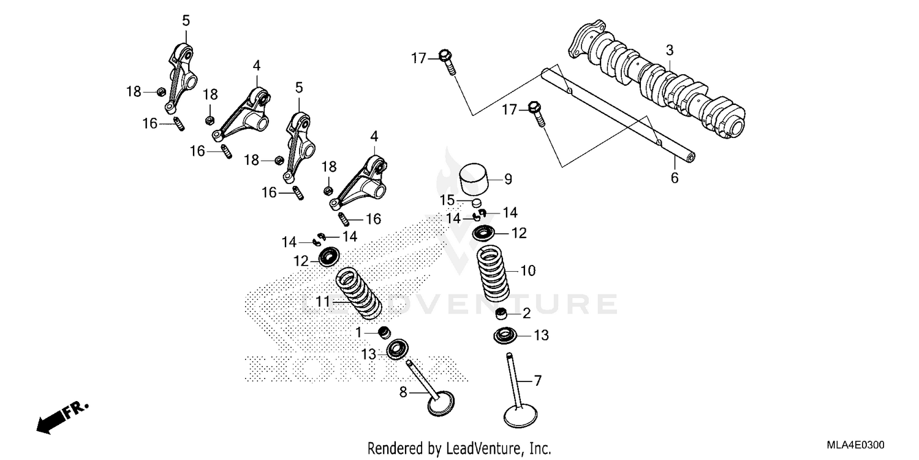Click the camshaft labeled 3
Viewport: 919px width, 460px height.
(x=662, y=83)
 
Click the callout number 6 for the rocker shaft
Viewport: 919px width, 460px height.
(x=675, y=178)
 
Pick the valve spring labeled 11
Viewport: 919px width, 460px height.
(x=358, y=294)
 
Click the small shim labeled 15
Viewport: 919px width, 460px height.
(x=478, y=202)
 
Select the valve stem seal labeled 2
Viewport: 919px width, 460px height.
(x=502, y=315)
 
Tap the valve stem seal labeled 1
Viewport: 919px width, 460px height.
(x=385, y=333)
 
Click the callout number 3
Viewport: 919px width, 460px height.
(x=670, y=49)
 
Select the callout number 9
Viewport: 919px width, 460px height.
(x=508, y=179)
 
